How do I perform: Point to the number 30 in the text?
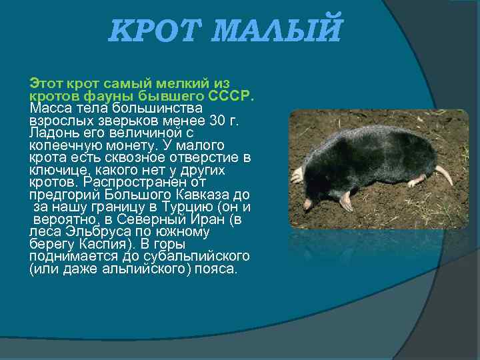click(219, 121)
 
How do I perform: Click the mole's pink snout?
click(307, 203)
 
